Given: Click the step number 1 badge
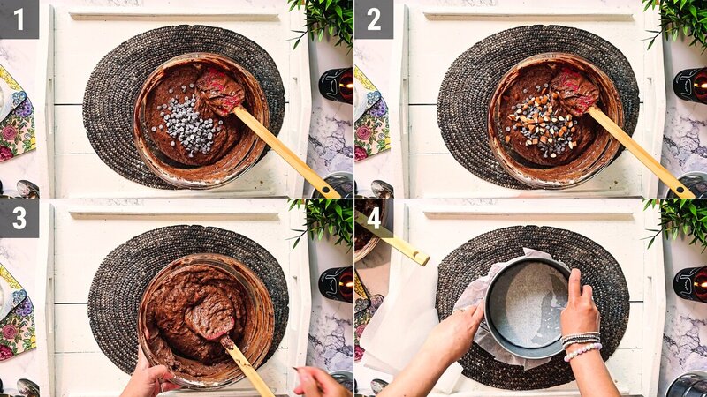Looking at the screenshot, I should tap(19, 19).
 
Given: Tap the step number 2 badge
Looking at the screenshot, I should tap(372, 19).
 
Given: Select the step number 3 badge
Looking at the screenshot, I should tap(19, 217).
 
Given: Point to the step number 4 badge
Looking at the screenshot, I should tap(372, 217).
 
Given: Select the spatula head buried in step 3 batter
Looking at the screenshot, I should tap(212, 316).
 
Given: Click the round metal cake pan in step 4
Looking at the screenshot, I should tap(528, 305).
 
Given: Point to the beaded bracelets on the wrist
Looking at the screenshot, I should tap(582, 344).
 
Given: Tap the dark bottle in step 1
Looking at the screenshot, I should tap(337, 86).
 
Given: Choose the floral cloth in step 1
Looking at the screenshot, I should tap(16, 115).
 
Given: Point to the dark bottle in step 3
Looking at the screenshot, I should tap(337, 284).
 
